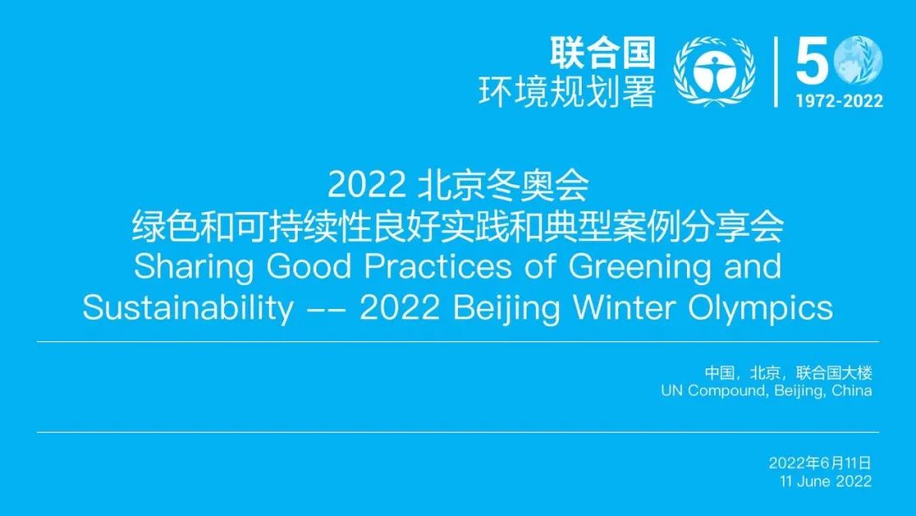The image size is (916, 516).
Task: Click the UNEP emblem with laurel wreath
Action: pos(714,71)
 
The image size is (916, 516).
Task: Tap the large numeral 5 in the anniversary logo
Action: pos(812,59)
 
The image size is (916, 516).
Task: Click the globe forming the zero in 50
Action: pos(858,60)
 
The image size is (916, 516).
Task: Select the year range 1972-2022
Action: pos(839,101)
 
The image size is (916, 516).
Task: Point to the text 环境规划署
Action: pos(567,92)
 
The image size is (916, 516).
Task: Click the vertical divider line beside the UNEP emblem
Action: pos(776,72)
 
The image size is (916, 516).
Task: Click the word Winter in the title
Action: pos(624,307)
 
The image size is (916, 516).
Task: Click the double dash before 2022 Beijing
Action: pos(327,311)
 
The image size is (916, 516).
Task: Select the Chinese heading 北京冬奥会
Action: pos(504,185)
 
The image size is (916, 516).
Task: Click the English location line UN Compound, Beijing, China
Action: pos(767,390)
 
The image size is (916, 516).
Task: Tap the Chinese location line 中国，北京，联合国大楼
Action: pos(788,373)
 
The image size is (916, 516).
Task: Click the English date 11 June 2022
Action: pos(825,481)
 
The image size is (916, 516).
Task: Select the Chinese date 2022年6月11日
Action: pos(820,463)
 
